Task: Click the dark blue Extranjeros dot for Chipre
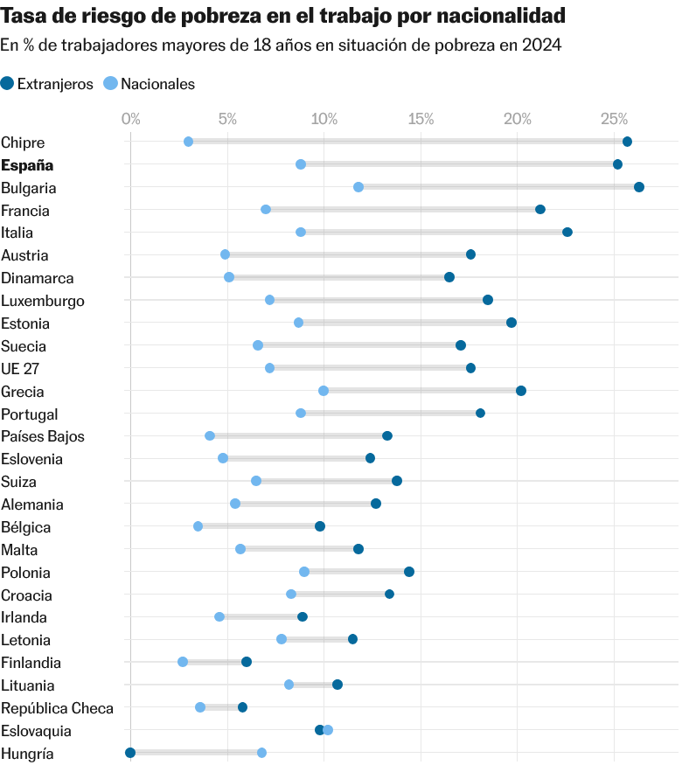click(x=627, y=142)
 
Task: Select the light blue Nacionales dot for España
click(x=301, y=164)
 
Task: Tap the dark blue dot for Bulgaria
click(x=639, y=187)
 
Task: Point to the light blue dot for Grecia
click(x=324, y=391)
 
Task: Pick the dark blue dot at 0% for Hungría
click(x=130, y=753)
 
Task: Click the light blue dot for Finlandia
click(x=183, y=662)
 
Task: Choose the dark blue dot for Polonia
click(x=409, y=572)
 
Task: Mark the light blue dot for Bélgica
click(x=198, y=526)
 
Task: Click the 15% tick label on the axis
click(x=421, y=118)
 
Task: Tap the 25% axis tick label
click(x=615, y=118)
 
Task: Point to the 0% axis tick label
click(x=130, y=118)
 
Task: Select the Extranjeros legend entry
click(x=48, y=84)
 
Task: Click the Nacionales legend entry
click(x=150, y=84)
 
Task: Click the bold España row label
click(x=27, y=165)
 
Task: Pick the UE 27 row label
click(x=20, y=369)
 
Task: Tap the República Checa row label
click(x=57, y=708)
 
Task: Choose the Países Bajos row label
click(x=43, y=436)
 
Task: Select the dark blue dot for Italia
click(x=567, y=232)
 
